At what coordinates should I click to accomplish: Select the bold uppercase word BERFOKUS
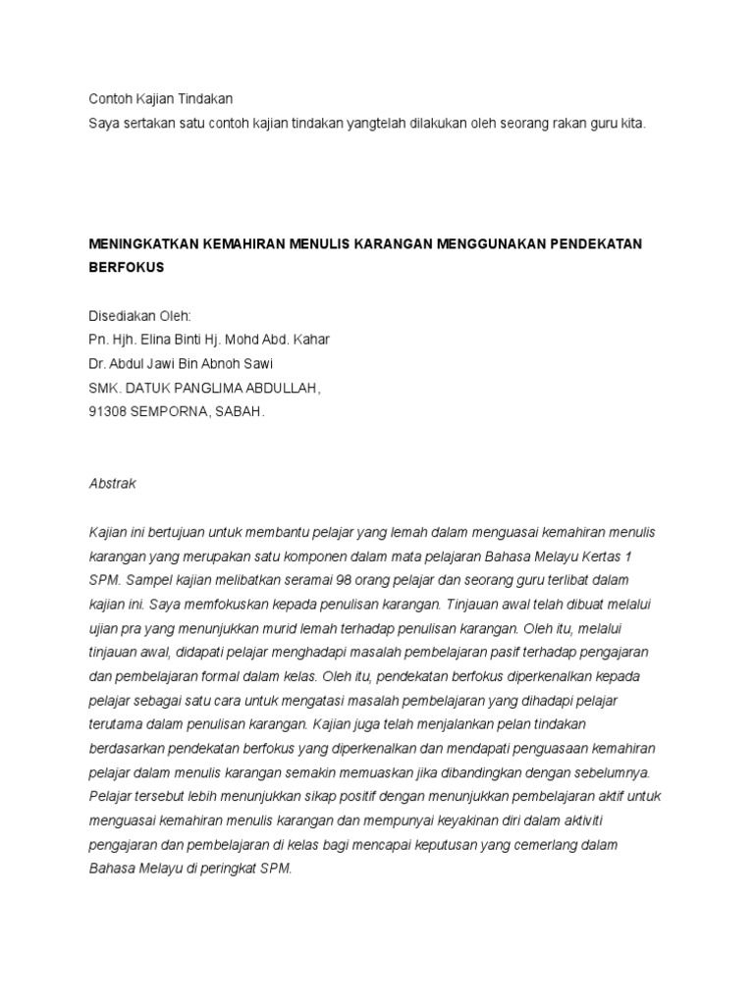(126, 266)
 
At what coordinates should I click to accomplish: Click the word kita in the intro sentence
(633, 125)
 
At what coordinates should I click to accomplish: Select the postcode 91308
(108, 412)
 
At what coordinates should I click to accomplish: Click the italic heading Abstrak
(112, 484)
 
